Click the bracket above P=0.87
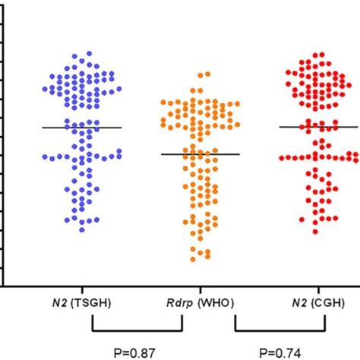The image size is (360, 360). tap(137, 330)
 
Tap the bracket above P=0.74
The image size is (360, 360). tap(280, 330)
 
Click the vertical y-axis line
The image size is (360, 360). tap(4, 152)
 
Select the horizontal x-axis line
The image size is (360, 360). tap(182, 286)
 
